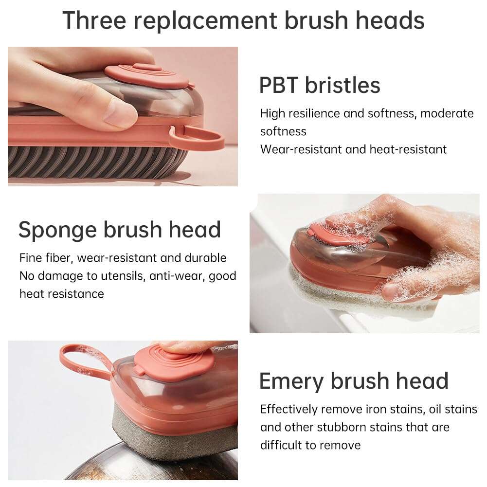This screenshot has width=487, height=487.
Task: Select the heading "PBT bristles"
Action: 319,85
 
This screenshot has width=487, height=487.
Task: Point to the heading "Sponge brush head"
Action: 120,230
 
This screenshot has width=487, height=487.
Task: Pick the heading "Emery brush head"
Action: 354,381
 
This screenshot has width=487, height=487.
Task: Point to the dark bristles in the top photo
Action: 97,163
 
